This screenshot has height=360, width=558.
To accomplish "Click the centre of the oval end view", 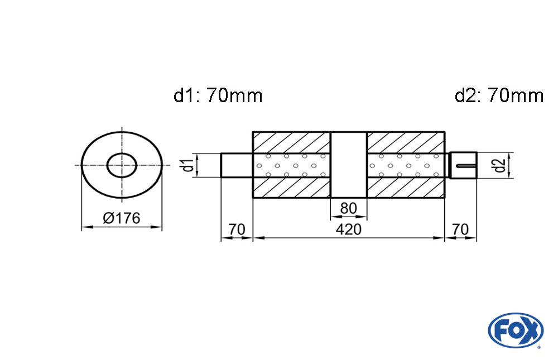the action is pyautogui.click(x=122, y=165).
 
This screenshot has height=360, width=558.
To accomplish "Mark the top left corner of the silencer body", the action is pyautogui.click(x=253, y=132).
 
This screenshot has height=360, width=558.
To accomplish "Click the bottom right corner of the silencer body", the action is pyautogui.click(x=445, y=198).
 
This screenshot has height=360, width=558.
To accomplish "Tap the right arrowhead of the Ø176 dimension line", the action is pyautogui.click(x=158, y=227).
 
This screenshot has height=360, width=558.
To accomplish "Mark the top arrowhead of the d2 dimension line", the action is pyautogui.click(x=509, y=156).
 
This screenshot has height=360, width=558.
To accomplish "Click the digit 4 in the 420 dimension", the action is pyautogui.click(x=340, y=229).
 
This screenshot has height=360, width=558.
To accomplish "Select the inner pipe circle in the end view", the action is pyautogui.click(x=122, y=165).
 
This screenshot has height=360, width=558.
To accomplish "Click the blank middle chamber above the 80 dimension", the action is pyautogui.click(x=349, y=165).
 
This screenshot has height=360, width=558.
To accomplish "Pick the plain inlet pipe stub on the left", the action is pyautogui.click(x=237, y=165).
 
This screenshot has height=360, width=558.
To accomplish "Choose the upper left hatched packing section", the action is pyautogui.click(x=291, y=143).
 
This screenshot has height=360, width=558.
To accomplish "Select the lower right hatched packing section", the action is pyautogui.click(x=406, y=188).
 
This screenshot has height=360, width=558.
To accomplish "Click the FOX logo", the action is pyautogui.click(x=516, y=330).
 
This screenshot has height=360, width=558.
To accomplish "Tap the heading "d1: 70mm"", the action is pyautogui.click(x=218, y=95).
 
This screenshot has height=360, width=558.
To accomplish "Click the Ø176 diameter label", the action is pyautogui.click(x=122, y=218).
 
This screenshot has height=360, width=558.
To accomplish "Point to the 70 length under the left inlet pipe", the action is pyautogui.click(x=237, y=229).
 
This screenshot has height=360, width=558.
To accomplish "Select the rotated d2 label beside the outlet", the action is pyautogui.click(x=500, y=165).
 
